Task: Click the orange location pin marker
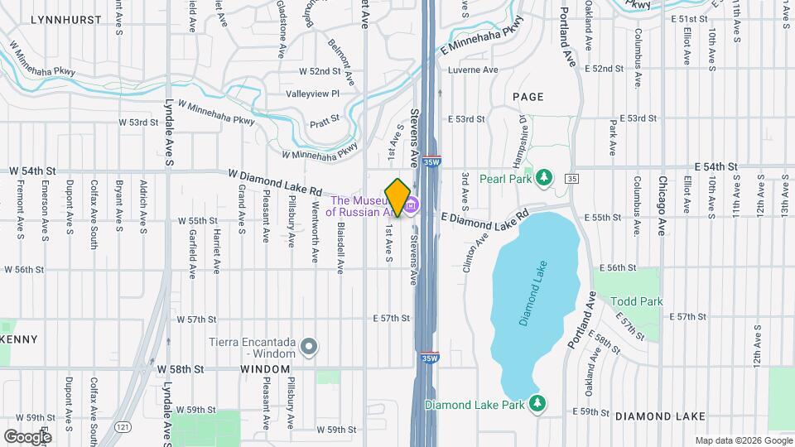click(398, 197)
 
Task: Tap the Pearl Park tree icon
click(543, 177)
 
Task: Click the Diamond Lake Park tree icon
click(538, 404)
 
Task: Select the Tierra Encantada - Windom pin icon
click(308, 348)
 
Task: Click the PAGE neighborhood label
click(528, 97)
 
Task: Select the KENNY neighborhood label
click(18, 339)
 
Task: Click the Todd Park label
click(638, 302)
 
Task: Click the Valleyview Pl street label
click(313, 94)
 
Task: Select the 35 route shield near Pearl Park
click(571, 178)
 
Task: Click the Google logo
click(27, 436)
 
